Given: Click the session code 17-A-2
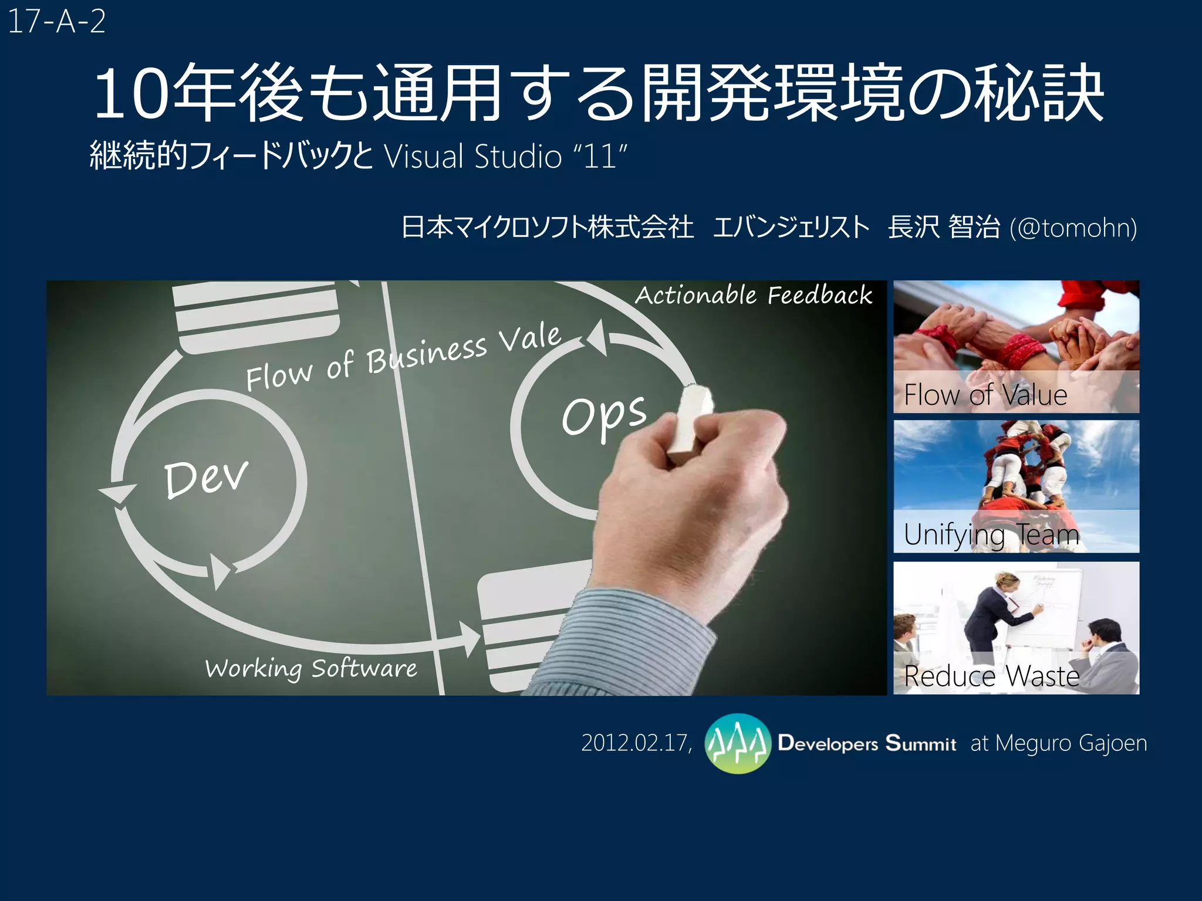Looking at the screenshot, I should [x=56, y=22].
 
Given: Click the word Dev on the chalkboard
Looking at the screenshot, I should [x=206, y=478].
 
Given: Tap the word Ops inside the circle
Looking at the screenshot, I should [x=604, y=415].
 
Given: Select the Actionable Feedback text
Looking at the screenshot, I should [x=754, y=295].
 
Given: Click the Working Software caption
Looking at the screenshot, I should [x=311, y=668].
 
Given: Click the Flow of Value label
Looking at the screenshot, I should [x=985, y=395].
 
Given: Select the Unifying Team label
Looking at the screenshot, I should [x=991, y=534].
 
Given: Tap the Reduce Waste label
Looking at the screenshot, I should [x=991, y=676].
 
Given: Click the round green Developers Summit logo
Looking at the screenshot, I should [x=737, y=743].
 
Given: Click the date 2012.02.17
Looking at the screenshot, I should [x=636, y=743].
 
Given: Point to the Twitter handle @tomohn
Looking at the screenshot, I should [x=1073, y=228].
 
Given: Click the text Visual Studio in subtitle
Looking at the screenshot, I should [x=473, y=157].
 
